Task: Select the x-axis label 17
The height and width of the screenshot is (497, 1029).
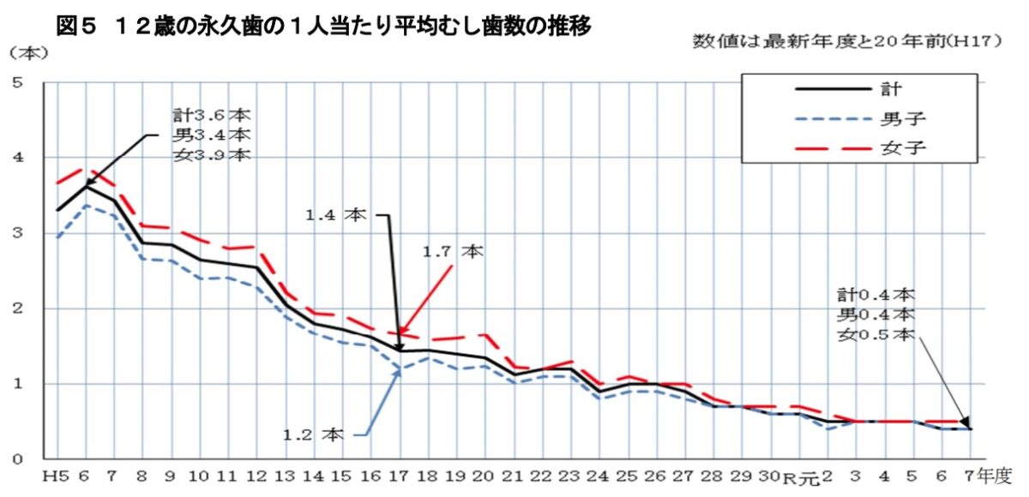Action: pos(400,476)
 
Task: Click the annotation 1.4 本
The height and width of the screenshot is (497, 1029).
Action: pos(337,216)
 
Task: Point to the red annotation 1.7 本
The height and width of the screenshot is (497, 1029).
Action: pos(452,253)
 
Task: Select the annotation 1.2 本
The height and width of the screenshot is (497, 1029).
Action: pos(313,434)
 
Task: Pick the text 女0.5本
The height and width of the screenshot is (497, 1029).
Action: pos(876,335)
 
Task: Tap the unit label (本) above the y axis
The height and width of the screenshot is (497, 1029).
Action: pos(28,51)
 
